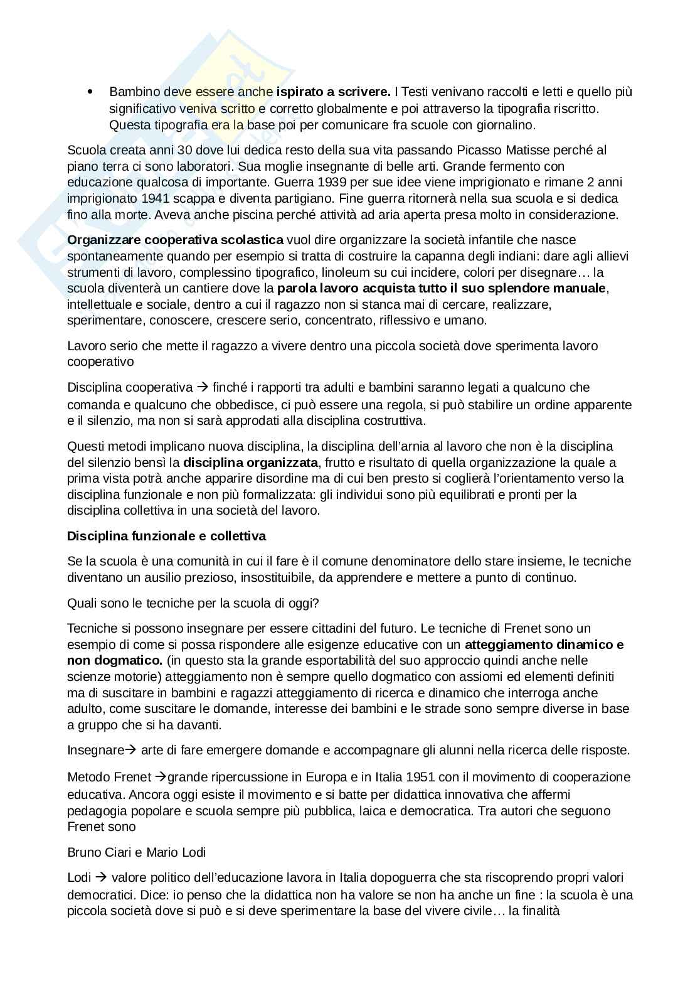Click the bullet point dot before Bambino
tap(90, 92)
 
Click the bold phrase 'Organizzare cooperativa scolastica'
tap(175, 240)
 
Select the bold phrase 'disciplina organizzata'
tap(251, 463)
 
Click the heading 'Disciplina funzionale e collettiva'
tap(166, 536)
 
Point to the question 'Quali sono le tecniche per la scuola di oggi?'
tap(193, 603)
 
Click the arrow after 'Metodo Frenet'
tap(160, 777)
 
